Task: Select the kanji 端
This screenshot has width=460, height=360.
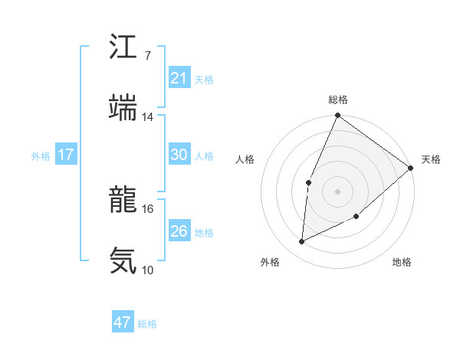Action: coord(123,107)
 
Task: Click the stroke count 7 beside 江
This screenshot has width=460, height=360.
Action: coord(147,56)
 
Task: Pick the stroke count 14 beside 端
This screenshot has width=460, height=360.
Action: coord(148,117)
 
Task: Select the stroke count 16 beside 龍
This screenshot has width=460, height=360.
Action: coord(148,208)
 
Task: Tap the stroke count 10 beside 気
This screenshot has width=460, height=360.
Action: coord(148,270)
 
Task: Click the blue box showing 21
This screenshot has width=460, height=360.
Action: coord(179,78)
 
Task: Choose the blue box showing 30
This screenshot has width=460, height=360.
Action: coord(179,155)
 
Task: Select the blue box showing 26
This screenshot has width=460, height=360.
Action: coord(179,231)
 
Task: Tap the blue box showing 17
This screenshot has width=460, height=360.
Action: coord(66,155)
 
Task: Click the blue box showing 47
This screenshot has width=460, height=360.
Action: coord(123,322)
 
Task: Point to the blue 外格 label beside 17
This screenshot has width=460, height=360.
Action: coord(41,156)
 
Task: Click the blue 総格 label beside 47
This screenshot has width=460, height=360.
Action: coord(147,324)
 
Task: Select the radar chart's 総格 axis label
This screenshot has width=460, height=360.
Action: coord(338,100)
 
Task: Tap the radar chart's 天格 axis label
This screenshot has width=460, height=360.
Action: coord(431,159)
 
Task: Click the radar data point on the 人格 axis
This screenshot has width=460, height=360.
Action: coord(308,182)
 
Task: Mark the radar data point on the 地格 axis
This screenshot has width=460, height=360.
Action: coord(356,217)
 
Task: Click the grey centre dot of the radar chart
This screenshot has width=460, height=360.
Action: coord(337,191)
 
